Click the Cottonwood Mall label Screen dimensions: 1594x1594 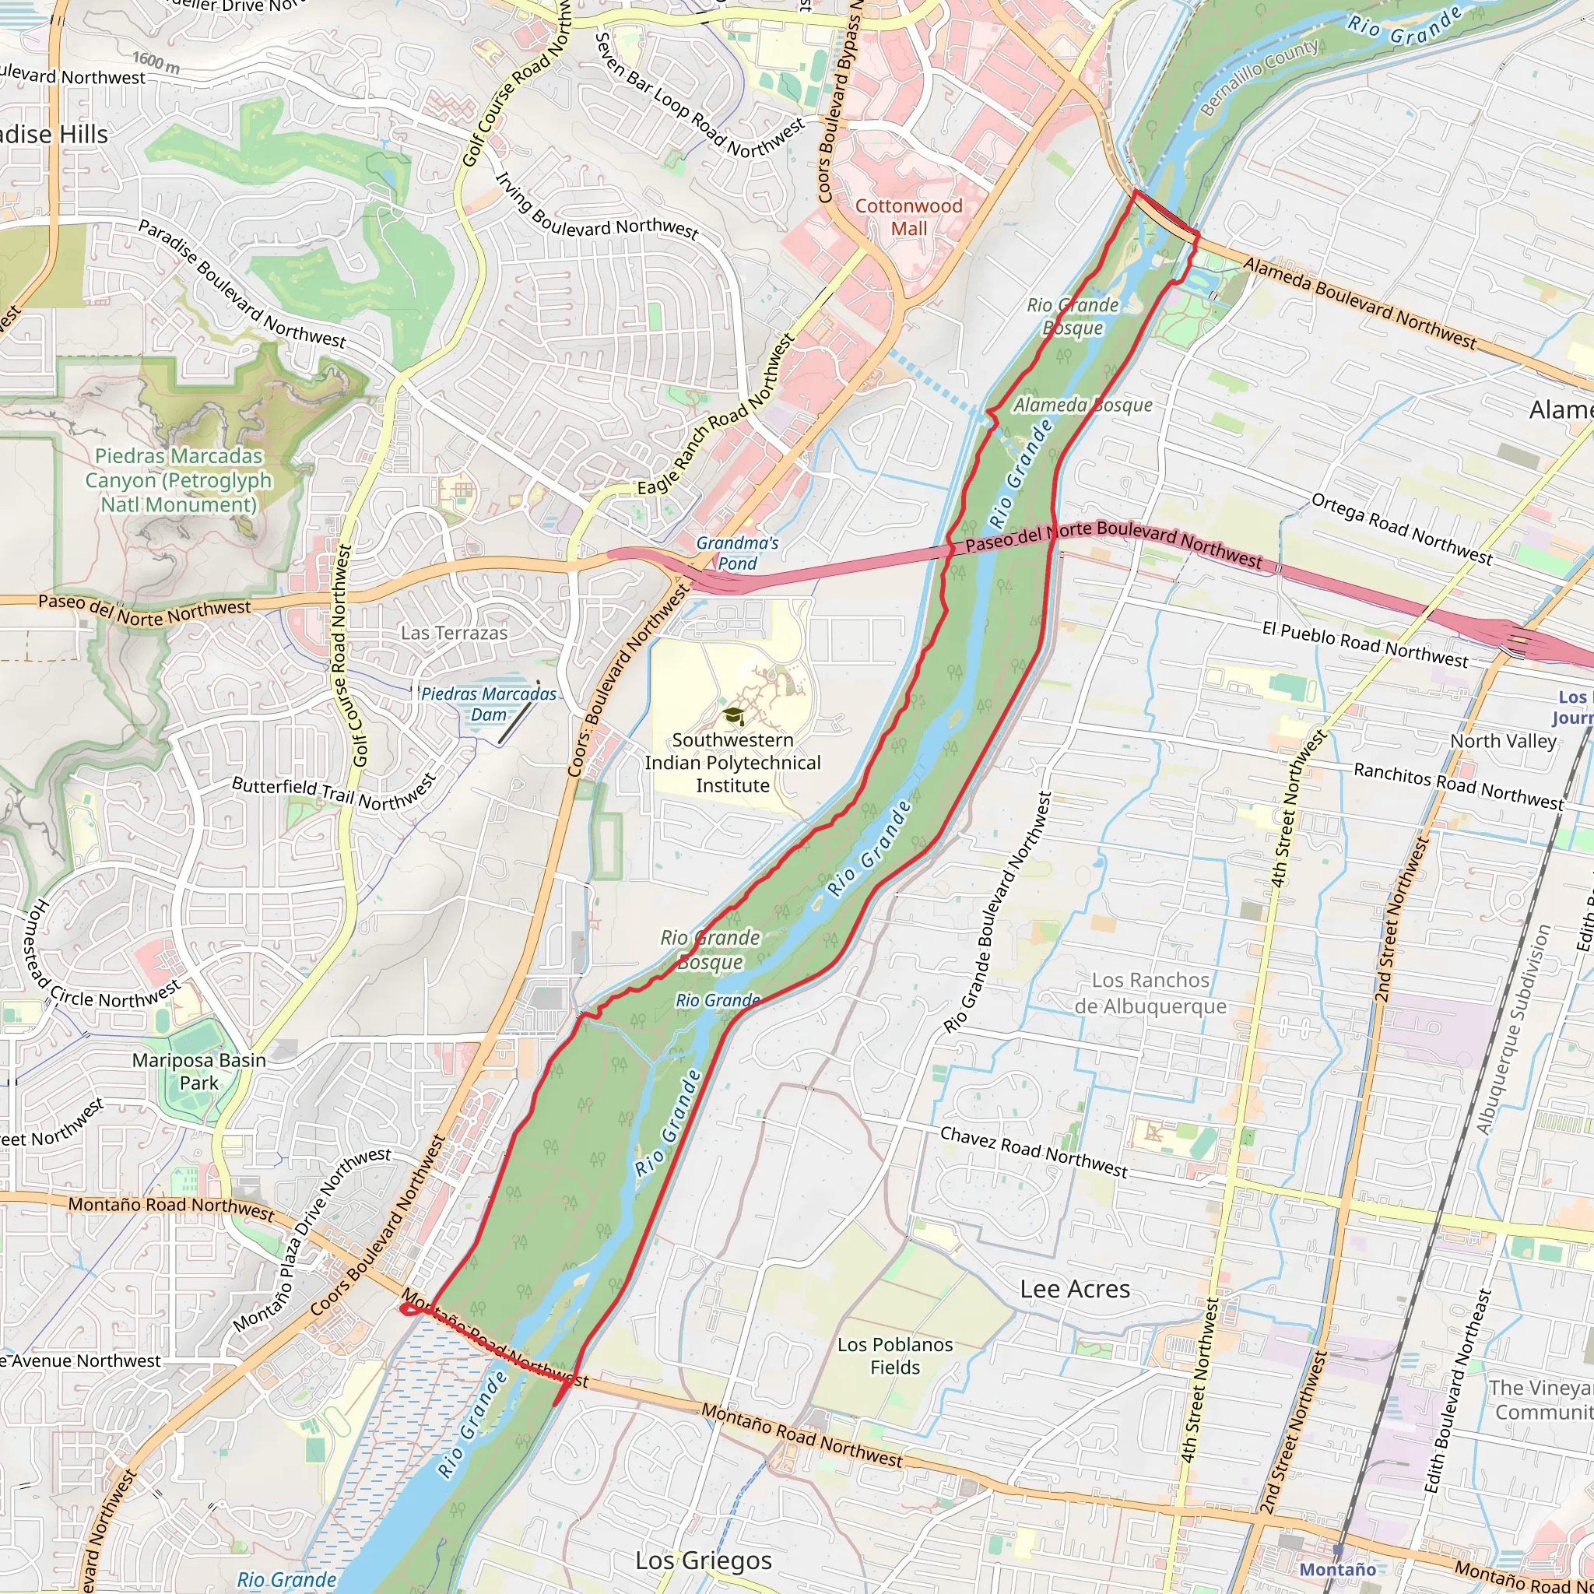[908, 217]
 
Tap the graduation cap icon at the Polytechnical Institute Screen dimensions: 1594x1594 [733, 715]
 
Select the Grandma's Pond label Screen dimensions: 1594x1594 [737, 553]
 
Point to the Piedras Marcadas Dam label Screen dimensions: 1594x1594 [489, 704]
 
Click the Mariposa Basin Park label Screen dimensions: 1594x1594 [198, 1071]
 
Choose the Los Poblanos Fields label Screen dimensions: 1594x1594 [894, 1356]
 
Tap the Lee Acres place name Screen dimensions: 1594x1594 [1074, 1289]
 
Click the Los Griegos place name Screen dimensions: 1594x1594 [703, 1561]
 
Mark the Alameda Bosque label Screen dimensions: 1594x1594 [1083, 405]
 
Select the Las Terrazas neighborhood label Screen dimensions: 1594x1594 [454, 633]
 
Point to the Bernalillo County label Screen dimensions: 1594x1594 [1259, 77]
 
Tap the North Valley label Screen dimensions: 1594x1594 [1503, 741]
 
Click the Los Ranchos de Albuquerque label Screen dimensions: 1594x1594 [1150, 992]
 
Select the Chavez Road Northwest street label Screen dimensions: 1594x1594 [1034, 1152]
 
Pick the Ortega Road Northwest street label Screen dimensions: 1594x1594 [1402, 528]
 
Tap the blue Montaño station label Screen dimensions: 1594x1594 [1337, 1569]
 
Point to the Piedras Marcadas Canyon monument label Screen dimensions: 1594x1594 [178, 479]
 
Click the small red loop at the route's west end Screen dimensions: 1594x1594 [409, 1308]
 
